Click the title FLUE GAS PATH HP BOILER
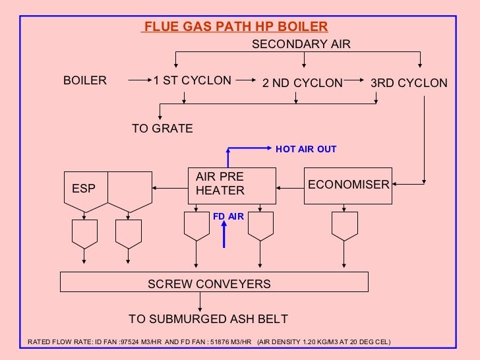(x=235, y=27)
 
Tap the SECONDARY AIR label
(x=302, y=44)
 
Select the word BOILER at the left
(x=84, y=80)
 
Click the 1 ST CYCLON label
(x=193, y=80)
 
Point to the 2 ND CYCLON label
(x=303, y=83)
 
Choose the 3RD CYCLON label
(x=409, y=83)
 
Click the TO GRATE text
(x=162, y=129)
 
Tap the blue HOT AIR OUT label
(x=306, y=149)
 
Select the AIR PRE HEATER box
(x=231, y=184)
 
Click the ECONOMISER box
(x=348, y=185)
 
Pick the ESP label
(x=84, y=189)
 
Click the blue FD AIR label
(x=228, y=216)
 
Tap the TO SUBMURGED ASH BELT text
(x=208, y=319)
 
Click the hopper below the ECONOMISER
(x=345, y=229)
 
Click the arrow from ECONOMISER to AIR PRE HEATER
(x=289, y=185)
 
